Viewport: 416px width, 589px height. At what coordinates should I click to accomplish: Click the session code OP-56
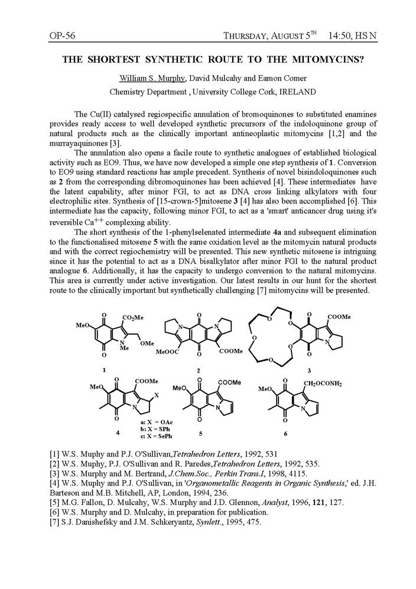(62, 37)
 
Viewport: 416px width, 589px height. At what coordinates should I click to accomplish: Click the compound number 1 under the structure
(105, 370)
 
